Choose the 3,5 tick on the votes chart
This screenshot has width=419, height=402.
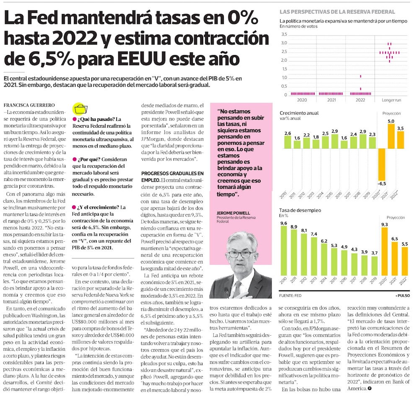(284, 34)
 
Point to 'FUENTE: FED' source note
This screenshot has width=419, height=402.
(290, 295)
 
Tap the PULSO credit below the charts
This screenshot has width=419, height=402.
(405, 295)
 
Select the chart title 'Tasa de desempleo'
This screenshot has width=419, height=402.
(300, 210)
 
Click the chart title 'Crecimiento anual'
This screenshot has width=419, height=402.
(299, 113)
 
